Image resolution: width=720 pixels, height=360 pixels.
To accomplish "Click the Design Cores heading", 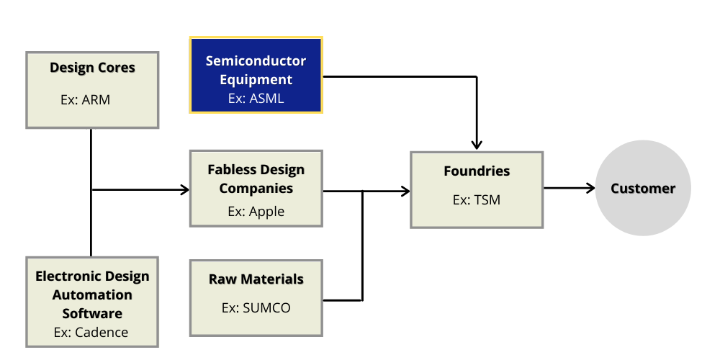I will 92,68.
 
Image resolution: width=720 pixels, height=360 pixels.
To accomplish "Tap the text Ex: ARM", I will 86,100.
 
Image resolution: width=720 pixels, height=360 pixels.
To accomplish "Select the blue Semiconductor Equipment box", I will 256,75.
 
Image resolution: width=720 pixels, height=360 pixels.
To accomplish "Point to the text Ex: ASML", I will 256,99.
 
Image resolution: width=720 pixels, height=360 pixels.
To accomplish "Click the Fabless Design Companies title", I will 256,179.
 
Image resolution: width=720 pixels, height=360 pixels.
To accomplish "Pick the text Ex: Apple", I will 256,212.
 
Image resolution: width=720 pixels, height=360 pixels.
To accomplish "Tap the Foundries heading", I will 477,171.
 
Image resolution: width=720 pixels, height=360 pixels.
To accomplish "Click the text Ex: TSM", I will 477,200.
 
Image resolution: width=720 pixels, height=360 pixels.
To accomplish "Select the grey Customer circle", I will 643,189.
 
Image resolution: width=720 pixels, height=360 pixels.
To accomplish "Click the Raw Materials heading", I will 256,279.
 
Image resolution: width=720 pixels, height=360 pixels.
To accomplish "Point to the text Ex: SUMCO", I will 256,307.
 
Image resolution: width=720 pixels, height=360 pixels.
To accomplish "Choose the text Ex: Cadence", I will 91,332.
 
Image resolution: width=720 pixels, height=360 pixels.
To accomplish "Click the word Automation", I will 92,295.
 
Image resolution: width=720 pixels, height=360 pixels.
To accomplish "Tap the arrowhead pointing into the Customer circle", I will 590,189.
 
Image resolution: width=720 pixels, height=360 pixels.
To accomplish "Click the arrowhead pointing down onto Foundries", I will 477,144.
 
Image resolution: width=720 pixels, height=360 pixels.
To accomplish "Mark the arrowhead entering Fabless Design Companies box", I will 184,190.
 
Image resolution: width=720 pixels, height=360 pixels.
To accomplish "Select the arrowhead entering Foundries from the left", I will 405,191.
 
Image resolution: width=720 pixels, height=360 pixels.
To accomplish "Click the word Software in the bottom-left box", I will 92,314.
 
